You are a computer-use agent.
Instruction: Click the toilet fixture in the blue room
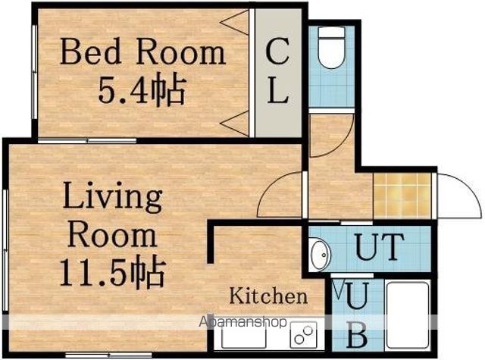click(x=332, y=47)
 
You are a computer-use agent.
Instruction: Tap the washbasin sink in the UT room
click(x=321, y=255)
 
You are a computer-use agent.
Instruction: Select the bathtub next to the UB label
click(x=408, y=315)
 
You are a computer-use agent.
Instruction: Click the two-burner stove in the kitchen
click(x=303, y=335)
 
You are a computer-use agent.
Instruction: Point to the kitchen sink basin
click(x=244, y=336)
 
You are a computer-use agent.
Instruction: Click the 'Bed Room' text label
click(x=143, y=52)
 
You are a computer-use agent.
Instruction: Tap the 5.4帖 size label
click(x=142, y=88)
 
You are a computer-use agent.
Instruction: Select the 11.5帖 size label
click(x=112, y=271)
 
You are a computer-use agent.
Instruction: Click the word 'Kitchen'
click(x=268, y=296)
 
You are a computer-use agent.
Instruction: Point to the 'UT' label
click(x=380, y=246)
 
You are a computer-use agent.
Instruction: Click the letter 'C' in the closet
click(x=277, y=52)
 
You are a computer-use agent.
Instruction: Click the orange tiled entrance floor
click(x=402, y=196)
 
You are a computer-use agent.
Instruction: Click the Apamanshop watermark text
click(x=242, y=322)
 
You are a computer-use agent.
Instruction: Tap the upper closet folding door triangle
click(x=235, y=22)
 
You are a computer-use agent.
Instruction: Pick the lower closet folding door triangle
click(x=235, y=124)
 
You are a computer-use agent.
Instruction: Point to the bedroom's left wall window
click(x=35, y=72)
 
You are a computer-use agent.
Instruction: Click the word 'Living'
click(x=113, y=198)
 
